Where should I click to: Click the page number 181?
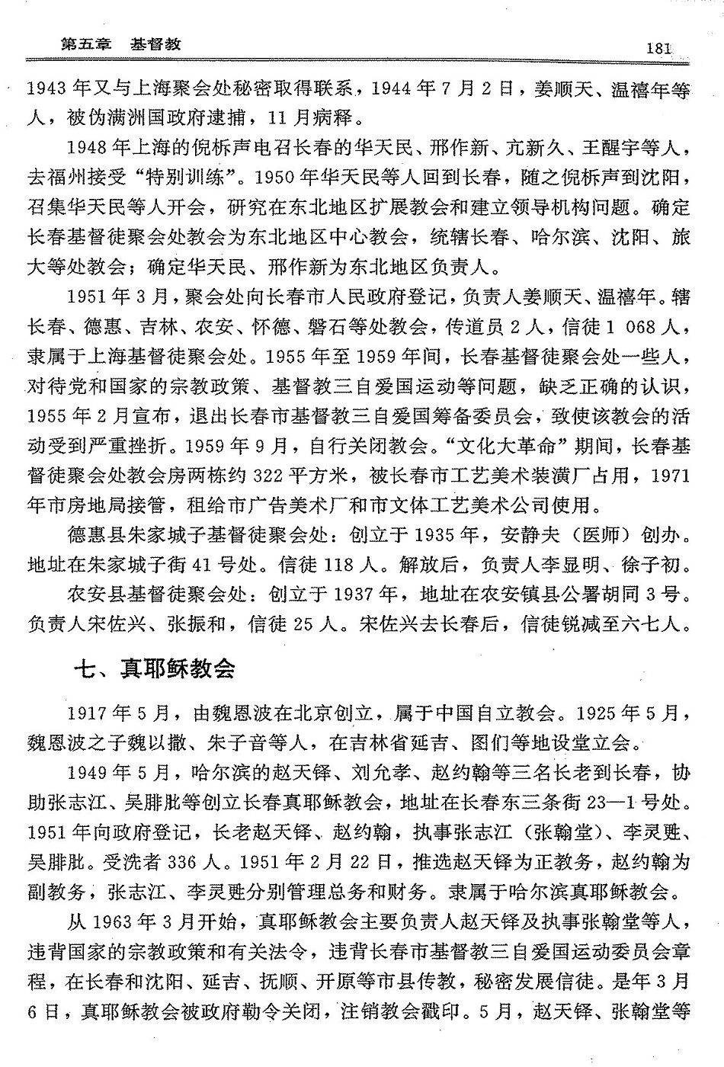658,47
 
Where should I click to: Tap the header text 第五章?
85,44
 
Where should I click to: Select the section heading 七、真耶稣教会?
154,668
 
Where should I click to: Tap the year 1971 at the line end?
671,475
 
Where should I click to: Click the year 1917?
88,713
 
